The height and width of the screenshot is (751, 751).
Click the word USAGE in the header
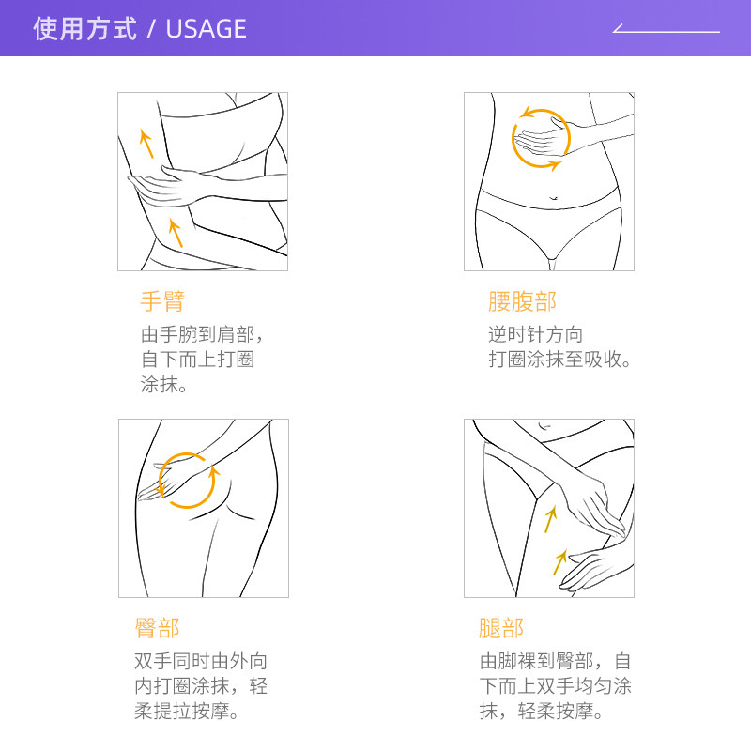(206, 29)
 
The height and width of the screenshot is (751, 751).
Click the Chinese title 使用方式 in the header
(84, 29)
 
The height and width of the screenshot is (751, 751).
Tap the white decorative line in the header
(666, 31)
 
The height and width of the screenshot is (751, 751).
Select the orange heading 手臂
(162, 301)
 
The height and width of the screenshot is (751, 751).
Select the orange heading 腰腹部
(522, 301)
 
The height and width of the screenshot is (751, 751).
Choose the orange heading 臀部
(157, 628)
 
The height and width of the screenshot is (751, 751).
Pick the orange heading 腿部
(501, 628)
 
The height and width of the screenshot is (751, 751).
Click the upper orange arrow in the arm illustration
(146, 143)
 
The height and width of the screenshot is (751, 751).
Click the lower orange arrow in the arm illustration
(175, 232)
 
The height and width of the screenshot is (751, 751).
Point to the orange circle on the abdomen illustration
(541, 139)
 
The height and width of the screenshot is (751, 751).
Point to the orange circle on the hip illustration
(188, 479)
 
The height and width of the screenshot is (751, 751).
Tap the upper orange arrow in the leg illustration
(551, 518)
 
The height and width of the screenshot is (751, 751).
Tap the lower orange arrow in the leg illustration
(560, 561)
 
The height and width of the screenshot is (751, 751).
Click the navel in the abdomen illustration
(553, 198)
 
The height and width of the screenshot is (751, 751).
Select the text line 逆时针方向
(535, 335)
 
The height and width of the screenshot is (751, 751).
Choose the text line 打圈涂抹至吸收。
(561, 360)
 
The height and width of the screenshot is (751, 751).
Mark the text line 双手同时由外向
(201, 662)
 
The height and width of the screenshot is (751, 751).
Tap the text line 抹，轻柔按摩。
(542, 712)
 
